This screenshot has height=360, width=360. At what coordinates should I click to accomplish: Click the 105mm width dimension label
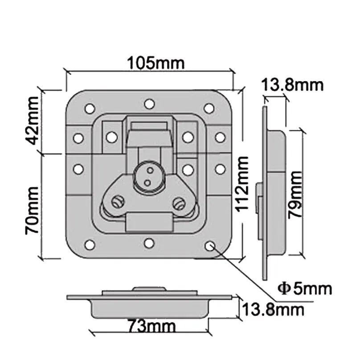pos(155,63)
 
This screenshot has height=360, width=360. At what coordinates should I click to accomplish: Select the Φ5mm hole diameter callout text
pos(304,288)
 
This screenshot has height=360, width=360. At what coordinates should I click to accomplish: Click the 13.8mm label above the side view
pos(292,84)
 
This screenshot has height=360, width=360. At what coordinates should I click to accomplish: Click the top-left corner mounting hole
pos(90,108)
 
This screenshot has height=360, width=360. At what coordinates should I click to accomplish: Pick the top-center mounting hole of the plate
pos(149,104)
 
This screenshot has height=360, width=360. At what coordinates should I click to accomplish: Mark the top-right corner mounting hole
pos(209,108)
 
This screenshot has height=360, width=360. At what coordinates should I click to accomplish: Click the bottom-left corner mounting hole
pos(90,245)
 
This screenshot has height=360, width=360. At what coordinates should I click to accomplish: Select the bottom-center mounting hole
pos(149,243)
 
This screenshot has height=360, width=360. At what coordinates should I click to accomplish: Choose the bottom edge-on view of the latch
pos(149,302)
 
